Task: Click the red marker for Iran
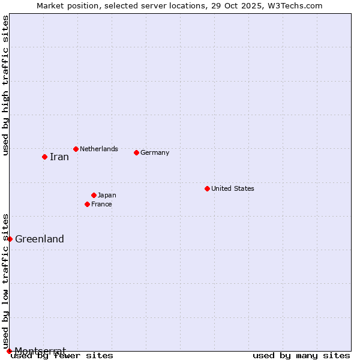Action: [x=44, y=157]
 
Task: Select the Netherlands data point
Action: [x=76, y=149]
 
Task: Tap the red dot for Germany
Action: [x=136, y=152]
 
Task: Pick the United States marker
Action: [x=207, y=188]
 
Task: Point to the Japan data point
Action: [x=94, y=195]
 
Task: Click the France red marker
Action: [x=87, y=204]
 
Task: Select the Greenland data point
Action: [x=10, y=239]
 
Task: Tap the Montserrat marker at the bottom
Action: [x=9, y=351]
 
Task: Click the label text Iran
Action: [x=59, y=157]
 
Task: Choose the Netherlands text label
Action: [x=98, y=149]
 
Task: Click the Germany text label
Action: [x=155, y=152]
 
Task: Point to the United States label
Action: [x=232, y=188]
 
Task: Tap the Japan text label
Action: [x=107, y=195]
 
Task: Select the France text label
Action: [x=101, y=204]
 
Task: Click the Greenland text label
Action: [x=39, y=239]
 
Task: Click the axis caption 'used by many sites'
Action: [x=301, y=355]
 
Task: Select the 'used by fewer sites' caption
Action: [x=62, y=355]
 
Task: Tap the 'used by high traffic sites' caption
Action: [x=6, y=85]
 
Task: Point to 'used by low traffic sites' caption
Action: [x=6, y=281]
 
